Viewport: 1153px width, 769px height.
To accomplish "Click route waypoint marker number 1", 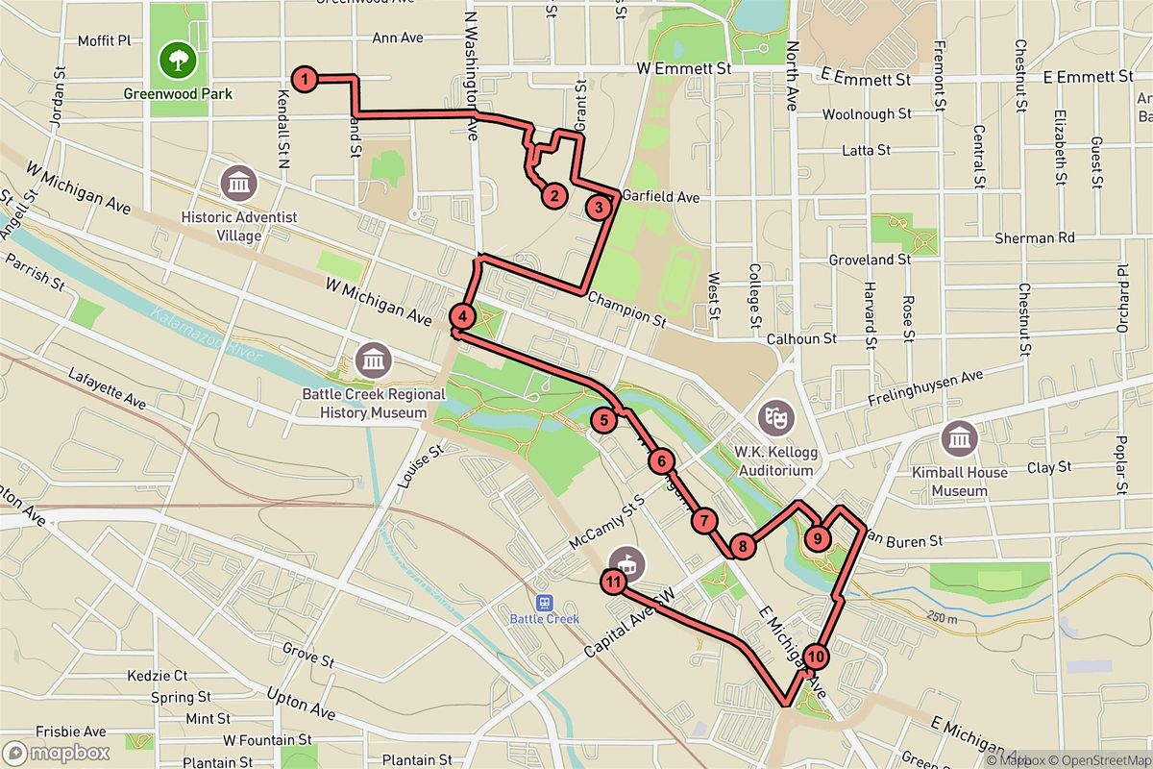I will [x=304, y=80].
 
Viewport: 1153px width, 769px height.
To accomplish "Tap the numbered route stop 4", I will [x=462, y=316].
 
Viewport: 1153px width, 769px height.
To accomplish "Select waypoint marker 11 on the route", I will [x=614, y=582].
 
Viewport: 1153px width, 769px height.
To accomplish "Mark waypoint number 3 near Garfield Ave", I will [x=599, y=207].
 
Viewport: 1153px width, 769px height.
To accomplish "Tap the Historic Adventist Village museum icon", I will [x=238, y=181].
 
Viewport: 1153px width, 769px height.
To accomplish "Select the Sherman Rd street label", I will [x=1047, y=236].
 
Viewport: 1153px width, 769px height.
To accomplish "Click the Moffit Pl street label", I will [x=104, y=41].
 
